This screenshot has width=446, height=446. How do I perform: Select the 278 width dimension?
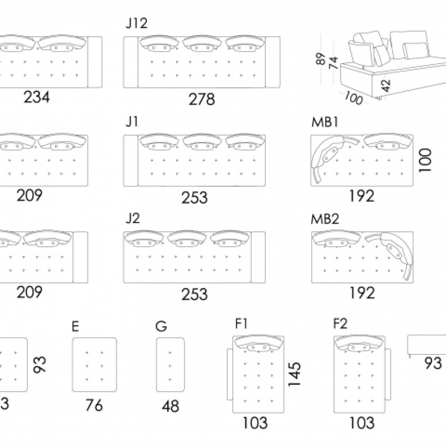point(202,99)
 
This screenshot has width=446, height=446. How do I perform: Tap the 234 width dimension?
point(37,97)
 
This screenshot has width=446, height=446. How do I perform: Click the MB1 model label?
point(324,122)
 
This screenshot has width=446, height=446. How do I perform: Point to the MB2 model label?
point(325,219)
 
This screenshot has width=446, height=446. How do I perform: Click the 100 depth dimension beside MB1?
point(426,160)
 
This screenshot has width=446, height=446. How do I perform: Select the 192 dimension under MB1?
point(362,196)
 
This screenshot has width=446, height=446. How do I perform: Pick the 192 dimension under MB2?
point(362,293)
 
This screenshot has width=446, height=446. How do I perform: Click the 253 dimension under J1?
point(195,198)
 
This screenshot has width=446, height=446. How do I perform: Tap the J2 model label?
point(132,218)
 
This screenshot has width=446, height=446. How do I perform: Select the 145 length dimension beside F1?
point(295,374)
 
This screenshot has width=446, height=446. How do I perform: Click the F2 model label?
point(341,325)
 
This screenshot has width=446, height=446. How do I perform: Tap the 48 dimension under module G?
point(170,406)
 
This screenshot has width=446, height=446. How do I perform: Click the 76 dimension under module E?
point(94,405)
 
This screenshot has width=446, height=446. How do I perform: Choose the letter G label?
point(161,326)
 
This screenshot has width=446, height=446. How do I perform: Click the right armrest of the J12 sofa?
point(273,62)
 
